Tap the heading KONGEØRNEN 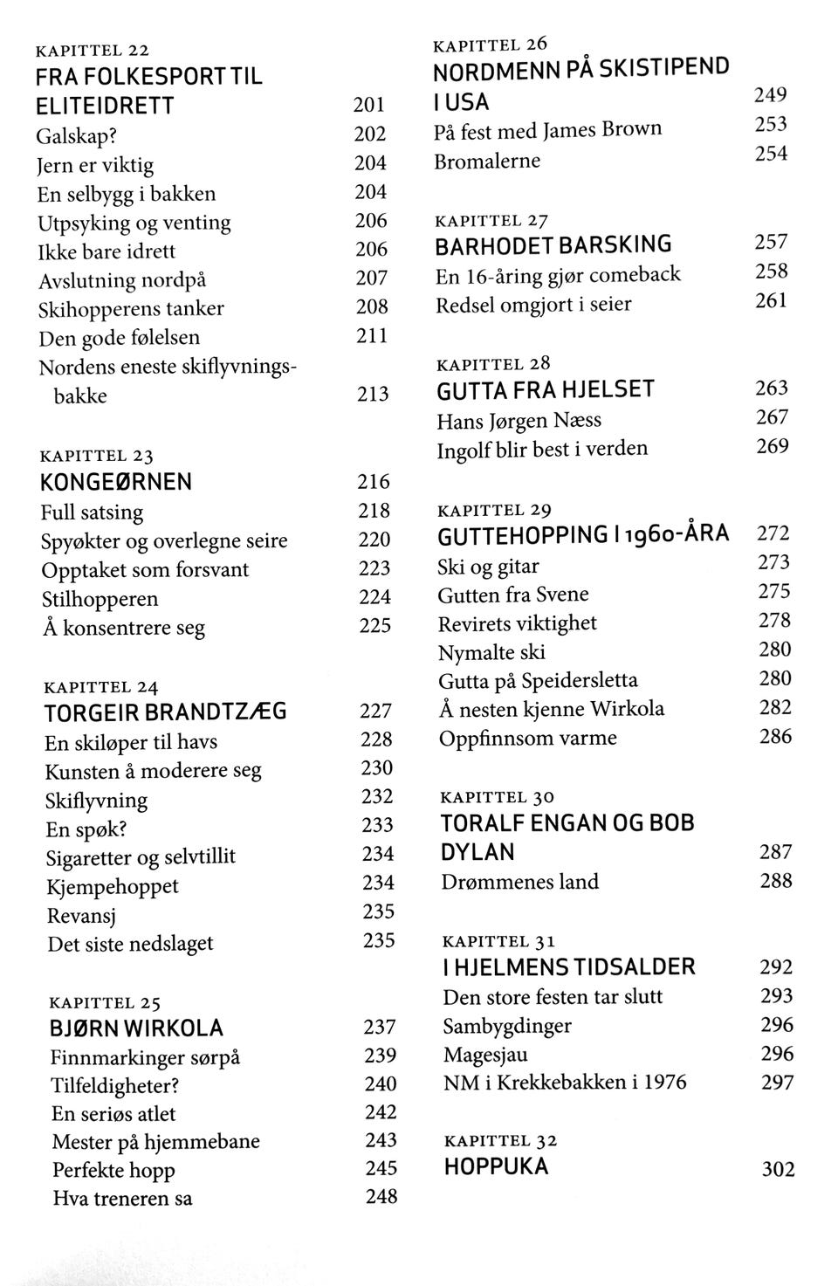point(116,483)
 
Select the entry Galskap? point(77,135)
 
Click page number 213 point(373,395)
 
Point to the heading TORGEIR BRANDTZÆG point(165,712)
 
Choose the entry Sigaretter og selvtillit point(141,857)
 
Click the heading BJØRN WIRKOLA point(136,1028)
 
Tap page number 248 point(381,1196)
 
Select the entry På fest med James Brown point(547,131)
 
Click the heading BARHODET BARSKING point(553,244)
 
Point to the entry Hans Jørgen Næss point(519,421)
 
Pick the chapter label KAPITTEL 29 point(493,510)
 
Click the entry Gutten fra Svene point(513,595)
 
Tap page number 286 point(775,737)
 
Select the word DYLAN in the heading point(477,852)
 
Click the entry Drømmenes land point(519,882)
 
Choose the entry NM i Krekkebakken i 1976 point(564,1083)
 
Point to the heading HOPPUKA point(496,1167)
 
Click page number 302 point(778,1168)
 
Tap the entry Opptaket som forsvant point(145,570)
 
